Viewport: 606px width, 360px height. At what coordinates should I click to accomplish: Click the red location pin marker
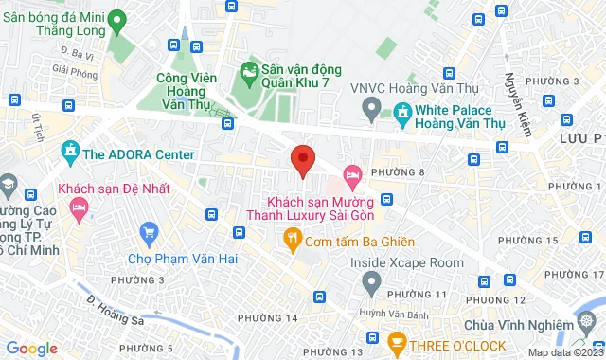tap(302, 160)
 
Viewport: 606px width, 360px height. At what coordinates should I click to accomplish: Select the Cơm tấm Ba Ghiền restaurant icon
tap(293, 241)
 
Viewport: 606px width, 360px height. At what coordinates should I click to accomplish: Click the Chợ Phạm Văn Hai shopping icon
tap(148, 232)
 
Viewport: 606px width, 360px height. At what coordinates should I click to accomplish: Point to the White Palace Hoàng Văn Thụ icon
tap(403, 114)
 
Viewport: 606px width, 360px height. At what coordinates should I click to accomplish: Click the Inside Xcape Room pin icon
tap(371, 280)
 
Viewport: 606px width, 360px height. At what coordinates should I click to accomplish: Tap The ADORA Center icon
tap(69, 152)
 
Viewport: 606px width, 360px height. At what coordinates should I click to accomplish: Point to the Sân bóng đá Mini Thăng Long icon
tap(116, 20)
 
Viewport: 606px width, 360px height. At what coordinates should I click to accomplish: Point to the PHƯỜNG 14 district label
tap(272, 317)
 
